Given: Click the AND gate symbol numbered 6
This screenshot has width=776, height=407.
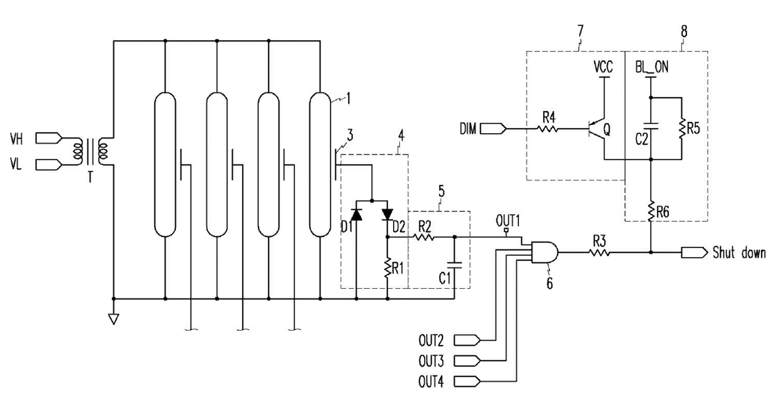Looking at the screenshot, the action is (x=544, y=253).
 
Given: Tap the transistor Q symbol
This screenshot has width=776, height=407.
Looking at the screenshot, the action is (x=596, y=129).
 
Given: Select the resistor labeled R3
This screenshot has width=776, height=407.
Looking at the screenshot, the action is (x=600, y=253).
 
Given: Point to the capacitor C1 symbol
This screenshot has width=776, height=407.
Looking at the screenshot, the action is (x=454, y=265).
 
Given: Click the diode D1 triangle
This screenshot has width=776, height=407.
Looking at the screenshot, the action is (x=357, y=214).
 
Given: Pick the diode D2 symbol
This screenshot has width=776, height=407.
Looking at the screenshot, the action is (x=387, y=214).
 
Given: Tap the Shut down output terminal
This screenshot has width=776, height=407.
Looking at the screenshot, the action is (x=694, y=253).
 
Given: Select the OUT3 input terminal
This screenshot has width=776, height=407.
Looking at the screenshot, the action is (x=467, y=361).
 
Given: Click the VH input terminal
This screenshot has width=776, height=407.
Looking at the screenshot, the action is (x=49, y=138).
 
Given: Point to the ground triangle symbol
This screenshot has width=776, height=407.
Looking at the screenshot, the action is (x=113, y=319).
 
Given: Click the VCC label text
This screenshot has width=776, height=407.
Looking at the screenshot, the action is (x=603, y=67).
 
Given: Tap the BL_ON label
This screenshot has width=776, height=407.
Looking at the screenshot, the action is (x=651, y=67).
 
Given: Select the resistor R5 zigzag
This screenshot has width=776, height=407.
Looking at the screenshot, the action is (x=682, y=128).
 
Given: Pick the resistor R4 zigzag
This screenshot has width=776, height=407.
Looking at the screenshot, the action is (x=548, y=129).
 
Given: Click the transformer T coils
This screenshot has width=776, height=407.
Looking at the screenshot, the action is (x=91, y=151).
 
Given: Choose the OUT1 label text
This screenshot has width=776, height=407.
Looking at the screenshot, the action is (x=508, y=221).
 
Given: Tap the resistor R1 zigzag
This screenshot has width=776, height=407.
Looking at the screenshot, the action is (x=387, y=268).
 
